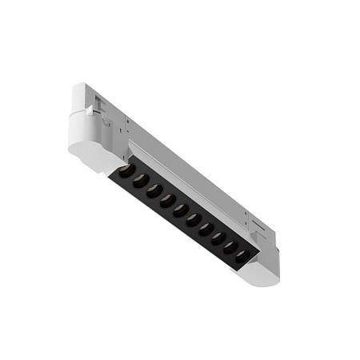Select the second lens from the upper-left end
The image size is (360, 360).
[x=138, y=180]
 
